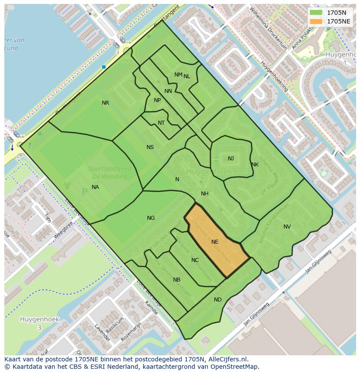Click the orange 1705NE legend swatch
coord(316,21)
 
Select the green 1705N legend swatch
coord(316,13)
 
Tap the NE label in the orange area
coord(215,242)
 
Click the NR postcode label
coord(105,103)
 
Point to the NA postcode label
coord(95,187)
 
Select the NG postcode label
coord(151,218)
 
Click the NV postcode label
coord(287,227)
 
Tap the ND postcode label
coord(218,300)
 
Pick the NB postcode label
coord(177,280)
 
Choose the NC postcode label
coord(195,260)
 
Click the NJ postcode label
coord(231,159)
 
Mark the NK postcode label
coord(255,165)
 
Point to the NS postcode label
coord(150,147)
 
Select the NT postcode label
coord(161,123)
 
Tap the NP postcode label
coord(157,100)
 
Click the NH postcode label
coord(205,194)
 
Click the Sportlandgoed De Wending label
coord(107,173)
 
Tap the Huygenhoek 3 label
coord(39,323)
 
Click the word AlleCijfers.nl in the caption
coord(227,359)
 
